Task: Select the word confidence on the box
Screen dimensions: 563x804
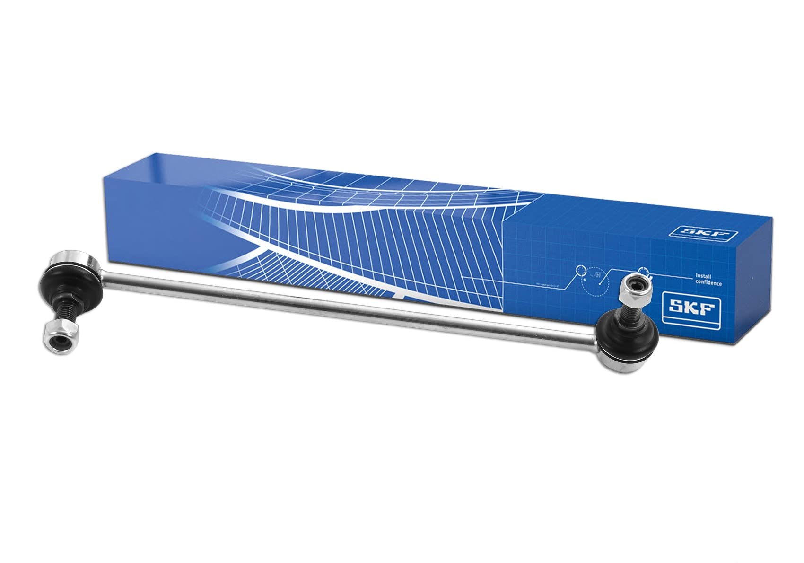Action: tap(708, 284)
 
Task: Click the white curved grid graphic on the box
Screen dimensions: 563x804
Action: tap(331, 227)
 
